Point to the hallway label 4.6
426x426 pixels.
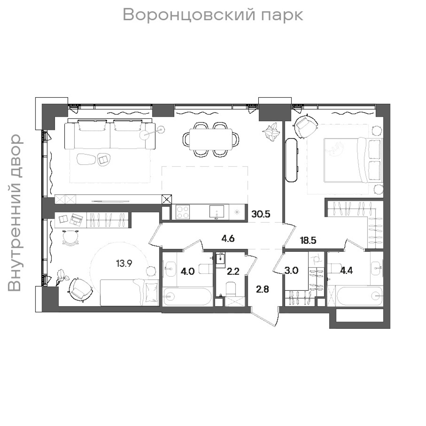point(228,238)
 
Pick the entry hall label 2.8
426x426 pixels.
point(263,289)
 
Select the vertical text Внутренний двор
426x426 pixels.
point(15,213)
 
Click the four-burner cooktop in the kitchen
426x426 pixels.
point(183,212)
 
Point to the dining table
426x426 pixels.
point(211,139)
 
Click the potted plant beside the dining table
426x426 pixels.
point(272,132)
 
